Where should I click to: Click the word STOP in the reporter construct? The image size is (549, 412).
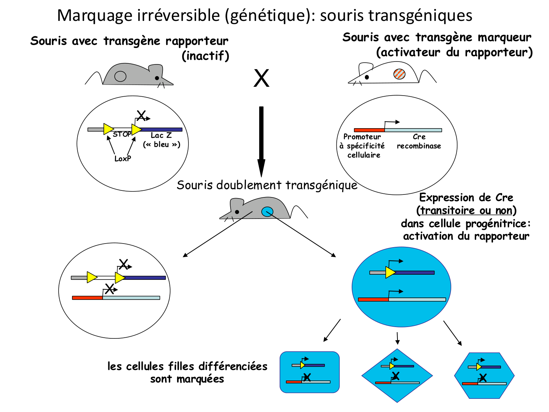click(x=122, y=134)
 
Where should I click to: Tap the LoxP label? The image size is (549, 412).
click(x=123, y=159)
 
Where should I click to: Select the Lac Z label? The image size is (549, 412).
click(x=161, y=136)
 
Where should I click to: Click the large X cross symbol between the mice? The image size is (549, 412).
click(x=261, y=78)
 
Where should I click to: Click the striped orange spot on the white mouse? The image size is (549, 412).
click(x=399, y=74)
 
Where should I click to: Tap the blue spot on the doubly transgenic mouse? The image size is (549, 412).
click(x=267, y=211)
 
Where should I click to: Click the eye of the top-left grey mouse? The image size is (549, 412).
click(x=157, y=78)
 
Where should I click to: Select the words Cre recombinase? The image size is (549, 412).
click(x=419, y=141)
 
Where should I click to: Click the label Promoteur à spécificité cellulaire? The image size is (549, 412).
click(x=362, y=146)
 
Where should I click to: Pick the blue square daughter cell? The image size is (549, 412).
click(x=310, y=372)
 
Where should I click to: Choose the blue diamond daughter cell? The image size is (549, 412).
click(x=397, y=376)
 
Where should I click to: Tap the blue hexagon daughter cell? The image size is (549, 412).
click(x=484, y=375)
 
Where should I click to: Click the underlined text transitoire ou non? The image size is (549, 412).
click(x=466, y=211)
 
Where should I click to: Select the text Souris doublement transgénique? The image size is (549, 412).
click(x=267, y=185)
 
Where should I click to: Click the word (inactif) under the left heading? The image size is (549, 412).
click(x=205, y=56)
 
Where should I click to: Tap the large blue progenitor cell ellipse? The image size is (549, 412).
click(x=401, y=287)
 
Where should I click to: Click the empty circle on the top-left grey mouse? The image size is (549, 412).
click(x=120, y=76)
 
